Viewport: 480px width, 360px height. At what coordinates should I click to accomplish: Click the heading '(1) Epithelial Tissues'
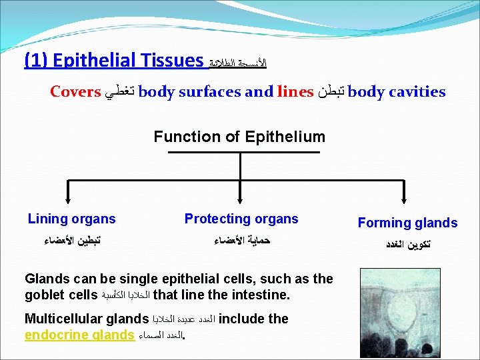point(114,61)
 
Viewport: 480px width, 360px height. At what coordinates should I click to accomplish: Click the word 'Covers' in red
point(75,92)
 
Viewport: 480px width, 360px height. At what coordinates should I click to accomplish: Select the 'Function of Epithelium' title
point(239,137)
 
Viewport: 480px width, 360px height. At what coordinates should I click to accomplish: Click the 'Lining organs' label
point(71,219)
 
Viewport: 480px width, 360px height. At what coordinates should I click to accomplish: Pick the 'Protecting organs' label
point(241,219)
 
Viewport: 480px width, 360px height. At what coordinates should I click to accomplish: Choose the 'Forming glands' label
point(407,223)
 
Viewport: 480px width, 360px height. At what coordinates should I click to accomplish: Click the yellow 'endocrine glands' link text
point(79,335)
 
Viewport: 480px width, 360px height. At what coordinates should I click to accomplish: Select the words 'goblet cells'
point(60,294)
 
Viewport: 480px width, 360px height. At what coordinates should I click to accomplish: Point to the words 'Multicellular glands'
point(86,319)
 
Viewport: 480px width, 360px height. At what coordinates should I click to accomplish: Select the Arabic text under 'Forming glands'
point(408,244)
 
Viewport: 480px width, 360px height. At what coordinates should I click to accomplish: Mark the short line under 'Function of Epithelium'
point(239,153)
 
